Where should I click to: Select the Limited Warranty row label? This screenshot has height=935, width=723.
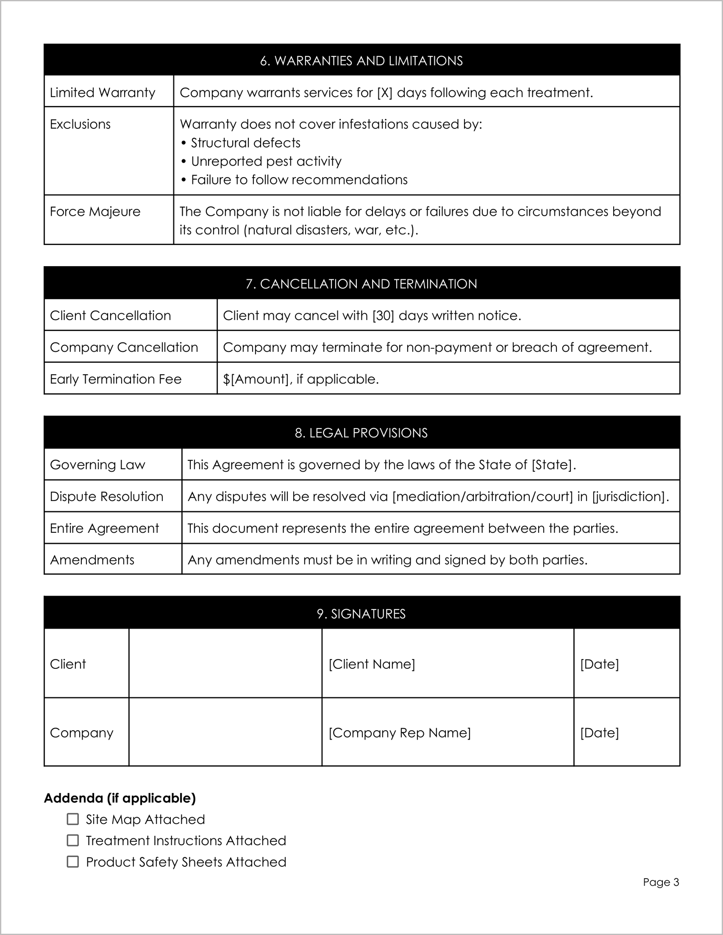click(x=102, y=92)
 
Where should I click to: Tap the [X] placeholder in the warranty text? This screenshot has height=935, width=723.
click(x=384, y=93)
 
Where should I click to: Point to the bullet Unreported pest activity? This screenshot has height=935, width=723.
click(x=266, y=161)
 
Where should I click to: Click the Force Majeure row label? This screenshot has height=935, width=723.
click(x=95, y=211)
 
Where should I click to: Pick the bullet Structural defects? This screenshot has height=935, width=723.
click(x=245, y=143)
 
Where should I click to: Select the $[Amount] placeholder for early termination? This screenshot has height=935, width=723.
click(x=256, y=379)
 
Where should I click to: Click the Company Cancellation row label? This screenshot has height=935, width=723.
click(x=124, y=347)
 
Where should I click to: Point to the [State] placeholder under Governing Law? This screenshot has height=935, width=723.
click(x=552, y=465)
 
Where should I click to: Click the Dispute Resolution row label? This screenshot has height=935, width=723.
click(x=107, y=497)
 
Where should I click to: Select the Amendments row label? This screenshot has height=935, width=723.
click(x=92, y=560)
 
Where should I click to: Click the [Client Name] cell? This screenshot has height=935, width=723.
click(x=372, y=664)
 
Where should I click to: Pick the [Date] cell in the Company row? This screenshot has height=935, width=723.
click(x=599, y=732)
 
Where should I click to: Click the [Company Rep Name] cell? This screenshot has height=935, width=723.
click(x=399, y=732)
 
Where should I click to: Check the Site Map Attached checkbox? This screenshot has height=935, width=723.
click(x=73, y=819)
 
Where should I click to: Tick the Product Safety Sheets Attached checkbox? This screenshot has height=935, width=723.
click(x=73, y=861)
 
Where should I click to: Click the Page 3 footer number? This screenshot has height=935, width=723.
click(x=661, y=882)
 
